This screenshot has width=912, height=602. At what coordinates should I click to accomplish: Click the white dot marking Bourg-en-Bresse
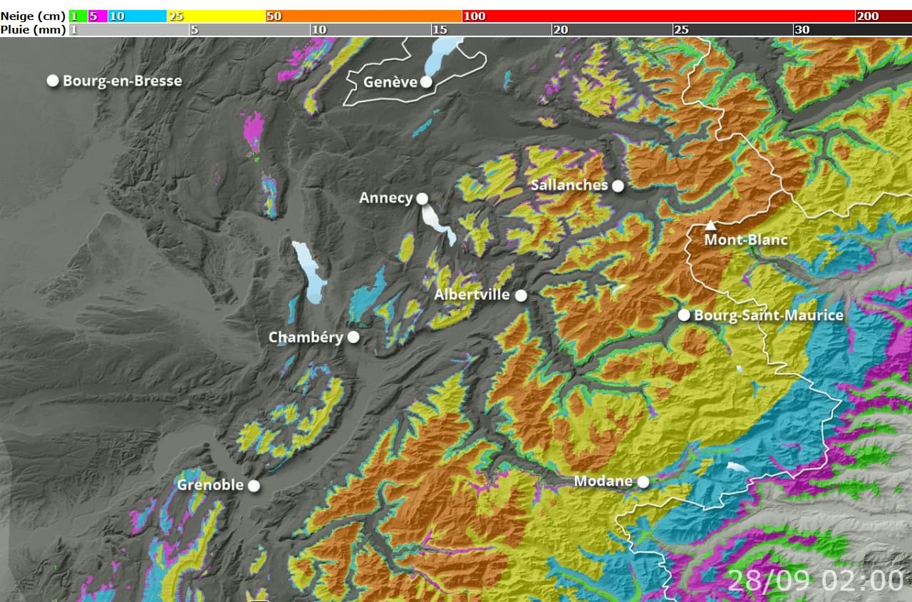53,81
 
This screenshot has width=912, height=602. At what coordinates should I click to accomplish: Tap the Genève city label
390,82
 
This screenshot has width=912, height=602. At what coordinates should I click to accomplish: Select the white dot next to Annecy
422,198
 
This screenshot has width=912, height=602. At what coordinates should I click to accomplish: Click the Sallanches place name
569,185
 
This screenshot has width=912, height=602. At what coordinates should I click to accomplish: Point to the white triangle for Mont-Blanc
710,225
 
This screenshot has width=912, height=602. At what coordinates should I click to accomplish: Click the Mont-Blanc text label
746,240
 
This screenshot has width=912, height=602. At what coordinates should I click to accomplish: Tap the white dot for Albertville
521,295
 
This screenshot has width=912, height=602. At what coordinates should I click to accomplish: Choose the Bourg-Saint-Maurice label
768,315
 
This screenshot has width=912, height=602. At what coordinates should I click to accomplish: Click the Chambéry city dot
353,337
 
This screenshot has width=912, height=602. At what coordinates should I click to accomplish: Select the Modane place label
603,481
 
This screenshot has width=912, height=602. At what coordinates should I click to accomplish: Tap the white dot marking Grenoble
254,486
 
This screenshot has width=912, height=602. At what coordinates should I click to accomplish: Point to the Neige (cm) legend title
33,16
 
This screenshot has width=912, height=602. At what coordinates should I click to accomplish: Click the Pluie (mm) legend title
33,29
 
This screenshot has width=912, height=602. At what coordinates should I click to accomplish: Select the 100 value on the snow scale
474,16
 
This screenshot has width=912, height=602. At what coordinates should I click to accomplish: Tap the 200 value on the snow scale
867,16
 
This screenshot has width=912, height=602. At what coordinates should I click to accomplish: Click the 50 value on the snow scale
274,16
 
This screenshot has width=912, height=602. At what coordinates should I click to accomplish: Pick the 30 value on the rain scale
802,29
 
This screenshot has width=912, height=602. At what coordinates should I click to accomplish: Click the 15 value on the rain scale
440,29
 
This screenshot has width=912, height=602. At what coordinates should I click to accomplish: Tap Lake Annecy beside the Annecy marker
437,223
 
